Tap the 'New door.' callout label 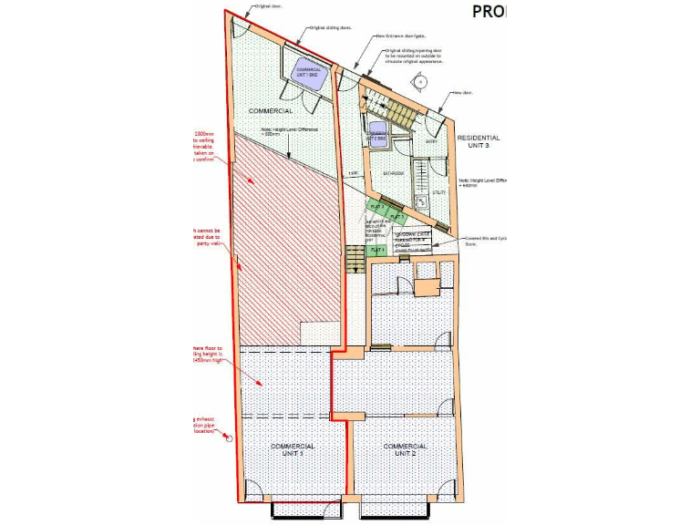point(463,93)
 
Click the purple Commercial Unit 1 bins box point(308,70)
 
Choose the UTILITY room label point(438,193)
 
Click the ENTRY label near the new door point(432,141)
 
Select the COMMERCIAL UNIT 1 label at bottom point(293,449)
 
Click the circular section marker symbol point(420,82)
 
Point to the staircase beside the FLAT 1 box point(355,259)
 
